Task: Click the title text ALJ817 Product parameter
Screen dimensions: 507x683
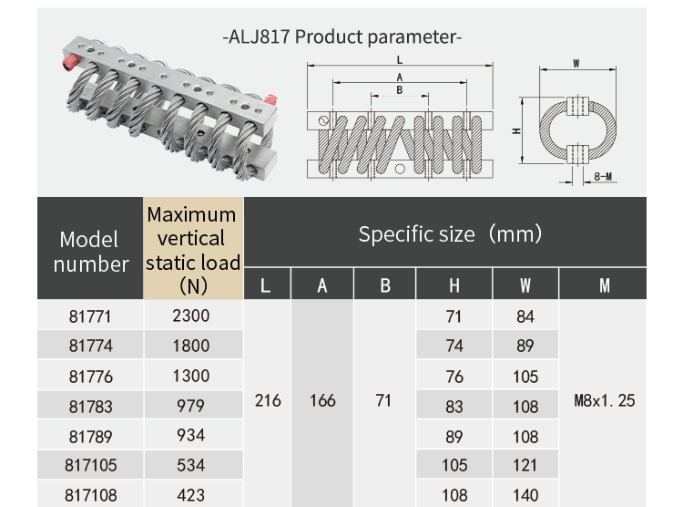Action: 341,37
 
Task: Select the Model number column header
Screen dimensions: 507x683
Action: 90,252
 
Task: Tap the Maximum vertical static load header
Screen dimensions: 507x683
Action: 192,250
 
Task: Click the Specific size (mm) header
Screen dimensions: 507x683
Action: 450,233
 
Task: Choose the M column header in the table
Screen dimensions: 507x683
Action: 605,285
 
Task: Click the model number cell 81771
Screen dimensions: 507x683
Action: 90,316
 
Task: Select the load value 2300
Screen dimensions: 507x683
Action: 191,316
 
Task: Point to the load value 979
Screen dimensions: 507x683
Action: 191,406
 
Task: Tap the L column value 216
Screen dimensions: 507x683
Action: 268,400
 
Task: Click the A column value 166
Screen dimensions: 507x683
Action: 322,400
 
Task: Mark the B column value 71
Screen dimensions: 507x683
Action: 383,400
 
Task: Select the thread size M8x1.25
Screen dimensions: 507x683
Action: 605,400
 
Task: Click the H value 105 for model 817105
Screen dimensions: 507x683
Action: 454,466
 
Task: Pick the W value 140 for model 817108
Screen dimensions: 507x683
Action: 525,496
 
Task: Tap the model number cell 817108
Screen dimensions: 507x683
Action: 90,496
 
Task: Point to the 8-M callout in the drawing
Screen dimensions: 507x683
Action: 602,176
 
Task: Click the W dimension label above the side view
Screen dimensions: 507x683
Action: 576,63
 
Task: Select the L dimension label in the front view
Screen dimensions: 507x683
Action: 399,60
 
